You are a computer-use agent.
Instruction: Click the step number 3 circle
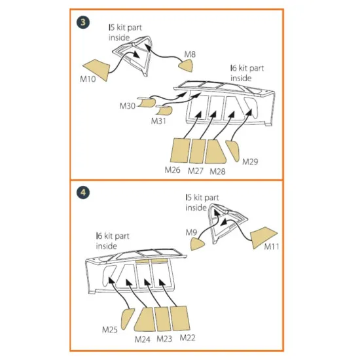click(83, 22)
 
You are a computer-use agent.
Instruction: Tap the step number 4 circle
click(83, 192)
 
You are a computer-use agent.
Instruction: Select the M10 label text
click(88, 79)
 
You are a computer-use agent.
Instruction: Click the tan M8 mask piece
click(186, 65)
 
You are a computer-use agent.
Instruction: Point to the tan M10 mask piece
click(98, 69)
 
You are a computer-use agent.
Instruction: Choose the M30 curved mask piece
click(147, 102)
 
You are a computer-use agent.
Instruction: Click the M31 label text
click(158, 121)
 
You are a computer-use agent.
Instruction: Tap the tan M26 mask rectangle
click(181, 151)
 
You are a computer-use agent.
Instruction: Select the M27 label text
click(196, 171)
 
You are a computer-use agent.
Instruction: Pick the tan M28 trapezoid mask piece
click(215, 152)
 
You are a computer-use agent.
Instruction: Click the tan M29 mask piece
click(233, 151)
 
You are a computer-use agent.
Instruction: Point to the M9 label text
click(191, 232)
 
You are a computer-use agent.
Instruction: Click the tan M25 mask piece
click(127, 319)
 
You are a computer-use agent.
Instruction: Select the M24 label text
click(142, 339)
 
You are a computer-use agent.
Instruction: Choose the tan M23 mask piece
click(163, 319)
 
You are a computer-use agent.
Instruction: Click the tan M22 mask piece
click(180, 318)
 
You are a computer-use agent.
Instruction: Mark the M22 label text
click(187, 338)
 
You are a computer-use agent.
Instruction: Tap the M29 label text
click(250, 162)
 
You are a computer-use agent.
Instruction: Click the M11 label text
click(272, 247)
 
